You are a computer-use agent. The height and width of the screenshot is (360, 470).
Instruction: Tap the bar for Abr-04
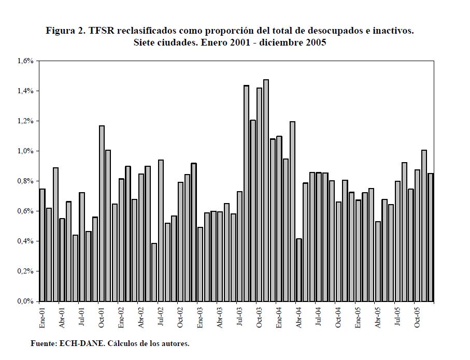299,270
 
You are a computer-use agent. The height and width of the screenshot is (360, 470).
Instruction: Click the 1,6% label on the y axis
25,61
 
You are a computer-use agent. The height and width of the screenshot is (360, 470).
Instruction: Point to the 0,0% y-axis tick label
25,301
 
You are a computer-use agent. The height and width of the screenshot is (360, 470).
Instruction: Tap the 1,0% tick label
25,151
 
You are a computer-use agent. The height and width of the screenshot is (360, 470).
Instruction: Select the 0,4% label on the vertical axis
25,241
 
